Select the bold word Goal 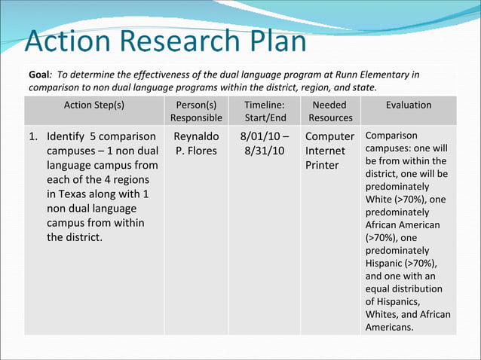tap(39, 75)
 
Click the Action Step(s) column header tap(94, 105)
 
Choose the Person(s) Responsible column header tap(196, 111)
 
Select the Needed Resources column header tap(330, 111)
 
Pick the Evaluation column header tap(409, 105)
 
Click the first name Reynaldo tap(196, 137)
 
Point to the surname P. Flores tap(196, 151)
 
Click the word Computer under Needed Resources tap(329, 137)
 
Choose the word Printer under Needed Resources tap(323, 165)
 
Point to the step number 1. tap(32, 137)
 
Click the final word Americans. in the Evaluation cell tap(391, 328)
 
